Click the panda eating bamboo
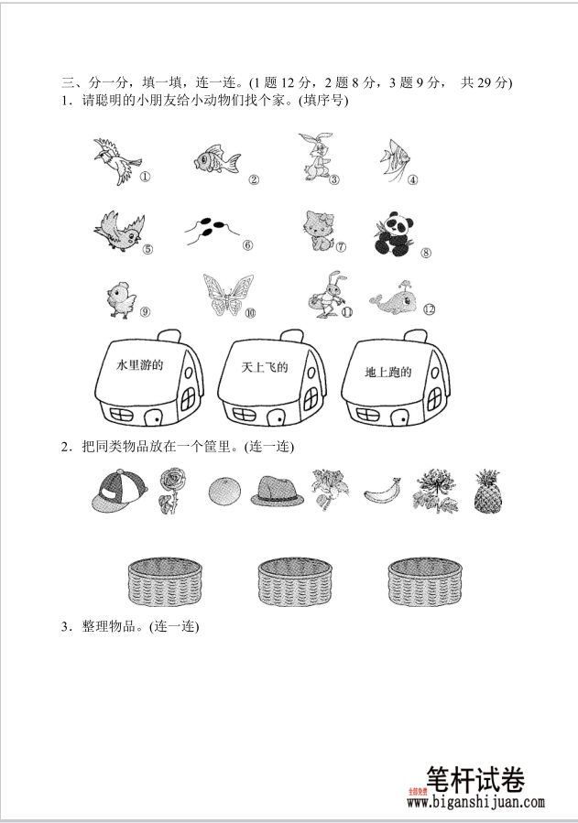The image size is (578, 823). [x=393, y=233]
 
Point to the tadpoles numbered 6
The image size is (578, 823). [x=207, y=231]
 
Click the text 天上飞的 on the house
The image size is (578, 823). [x=265, y=367]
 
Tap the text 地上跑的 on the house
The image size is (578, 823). [x=388, y=373]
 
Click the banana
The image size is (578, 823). [x=380, y=493]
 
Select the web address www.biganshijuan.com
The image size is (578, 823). [x=476, y=803]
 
